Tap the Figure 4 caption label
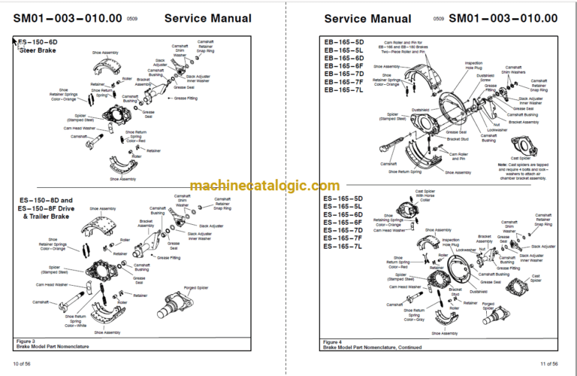click(x=334, y=341)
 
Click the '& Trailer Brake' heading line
click(x=45, y=216)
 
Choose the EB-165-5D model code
click(x=343, y=42)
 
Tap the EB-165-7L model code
click(x=343, y=89)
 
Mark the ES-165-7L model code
click(x=343, y=246)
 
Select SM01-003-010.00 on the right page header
click(x=503, y=18)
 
